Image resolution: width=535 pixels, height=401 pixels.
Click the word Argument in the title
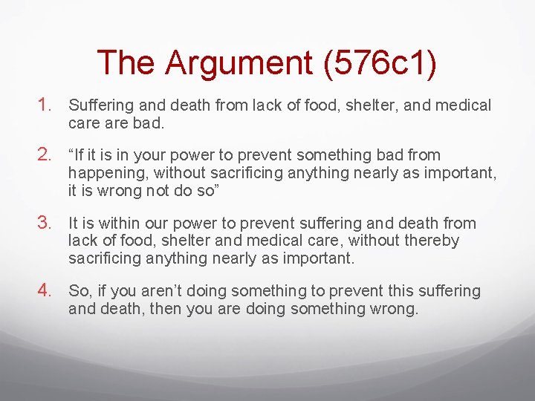[239, 63]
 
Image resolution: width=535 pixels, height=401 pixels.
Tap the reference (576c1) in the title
[379, 63]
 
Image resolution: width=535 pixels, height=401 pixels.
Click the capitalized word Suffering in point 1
[100, 105]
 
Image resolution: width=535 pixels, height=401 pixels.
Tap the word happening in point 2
[103, 173]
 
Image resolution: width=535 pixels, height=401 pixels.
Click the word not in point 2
[156, 190]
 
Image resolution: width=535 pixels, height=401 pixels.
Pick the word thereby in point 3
[434, 241]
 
